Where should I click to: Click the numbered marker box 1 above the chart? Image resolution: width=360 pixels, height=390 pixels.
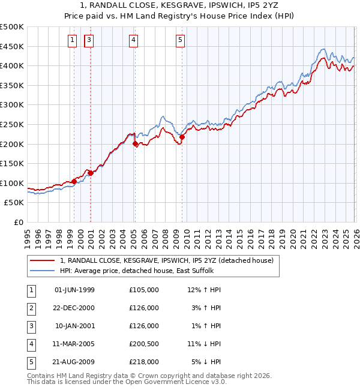pyautogui.click(x=73, y=40)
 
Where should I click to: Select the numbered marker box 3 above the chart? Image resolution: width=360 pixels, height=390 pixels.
pyautogui.click(x=89, y=40)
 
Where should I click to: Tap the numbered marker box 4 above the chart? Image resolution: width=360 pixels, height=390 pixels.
pyautogui.click(x=133, y=40)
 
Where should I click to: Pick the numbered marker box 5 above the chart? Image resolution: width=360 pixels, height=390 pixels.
pyautogui.click(x=181, y=40)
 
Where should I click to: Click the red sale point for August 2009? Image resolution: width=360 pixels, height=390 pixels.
pyautogui.click(x=182, y=137)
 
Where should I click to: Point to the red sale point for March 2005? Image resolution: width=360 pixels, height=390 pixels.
pyautogui.click(x=135, y=144)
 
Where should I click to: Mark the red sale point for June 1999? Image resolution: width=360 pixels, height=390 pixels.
pyautogui.click(x=74, y=181)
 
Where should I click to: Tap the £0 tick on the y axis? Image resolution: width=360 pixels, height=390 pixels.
pyautogui.click(x=18, y=222)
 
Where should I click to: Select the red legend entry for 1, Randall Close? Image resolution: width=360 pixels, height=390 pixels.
pyautogui.click(x=167, y=260)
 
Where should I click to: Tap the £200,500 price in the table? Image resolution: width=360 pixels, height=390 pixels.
pyautogui.click(x=143, y=344)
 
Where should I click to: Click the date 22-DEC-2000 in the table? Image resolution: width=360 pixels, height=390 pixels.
pyautogui.click(x=74, y=308)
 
